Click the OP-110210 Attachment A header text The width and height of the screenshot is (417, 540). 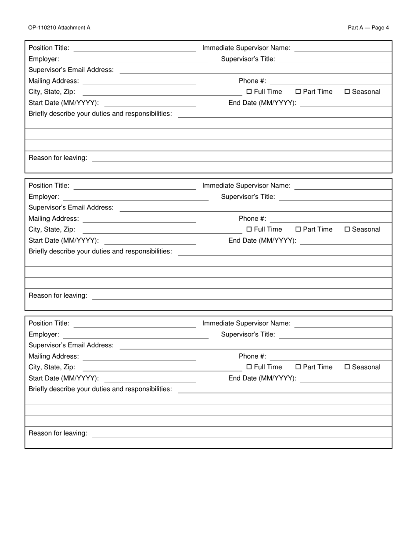pyautogui.click(x=59, y=28)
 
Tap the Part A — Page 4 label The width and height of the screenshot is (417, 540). pyautogui.click(x=368, y=28)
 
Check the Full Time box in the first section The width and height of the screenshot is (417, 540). pyautogui.click(x=249, y=92)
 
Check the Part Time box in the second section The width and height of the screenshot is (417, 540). pyautogui.click(x=298, y=230)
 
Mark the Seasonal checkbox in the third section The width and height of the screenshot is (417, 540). pyautogui.click(x=347, y=367)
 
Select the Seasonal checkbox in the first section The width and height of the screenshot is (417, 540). pyautogui.click(x=347, y=92)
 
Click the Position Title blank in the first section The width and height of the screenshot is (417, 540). pyautogui.click(x=135, y=48)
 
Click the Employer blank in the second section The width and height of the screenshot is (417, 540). pyautogui.click(x=136, y=197)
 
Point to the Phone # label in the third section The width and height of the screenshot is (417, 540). pyautogui.click(x=252, y=356)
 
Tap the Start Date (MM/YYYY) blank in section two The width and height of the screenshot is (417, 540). pyautogui.click(x=150, y=241)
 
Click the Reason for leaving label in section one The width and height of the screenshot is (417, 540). pyautogui.click(x=58, y=158)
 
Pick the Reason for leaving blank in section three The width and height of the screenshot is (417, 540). pyautogui.click(x=241, y=433)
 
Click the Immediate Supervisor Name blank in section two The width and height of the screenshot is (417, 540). pyautogui.click(x=343, y=186)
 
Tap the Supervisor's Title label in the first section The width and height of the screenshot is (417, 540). pyautogui.click(x=248, y=59)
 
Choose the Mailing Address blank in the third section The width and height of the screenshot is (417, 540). pyautogui.click(x=139, y=356)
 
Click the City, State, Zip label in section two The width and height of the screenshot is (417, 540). pyautogui.click(x=52, y=230)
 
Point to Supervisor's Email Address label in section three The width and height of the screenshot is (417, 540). pyautogui.click(x=71, y=346)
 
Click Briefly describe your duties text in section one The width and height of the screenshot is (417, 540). pyautogui.click(x=100, y=114)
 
